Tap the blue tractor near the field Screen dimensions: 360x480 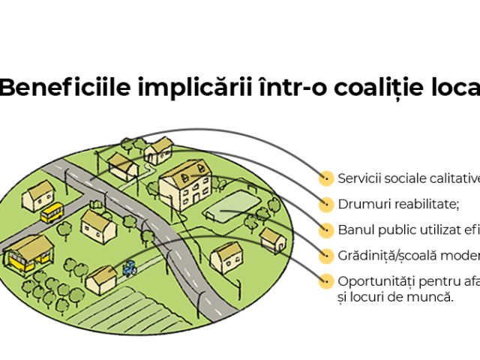click(x=130, y=266)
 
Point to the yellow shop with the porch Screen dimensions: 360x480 click(x=28, y=253)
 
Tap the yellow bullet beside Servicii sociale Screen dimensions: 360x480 click(x=325, y=178)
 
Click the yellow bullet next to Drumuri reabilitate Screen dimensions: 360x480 click(x=325, y=204)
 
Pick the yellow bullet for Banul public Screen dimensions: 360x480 click(x=325, y=229)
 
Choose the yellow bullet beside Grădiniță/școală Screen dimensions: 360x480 click(x=325, y=256)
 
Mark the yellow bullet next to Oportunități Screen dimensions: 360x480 click(x=325, y=282)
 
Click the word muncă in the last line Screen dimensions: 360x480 click(x=434, y=296)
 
